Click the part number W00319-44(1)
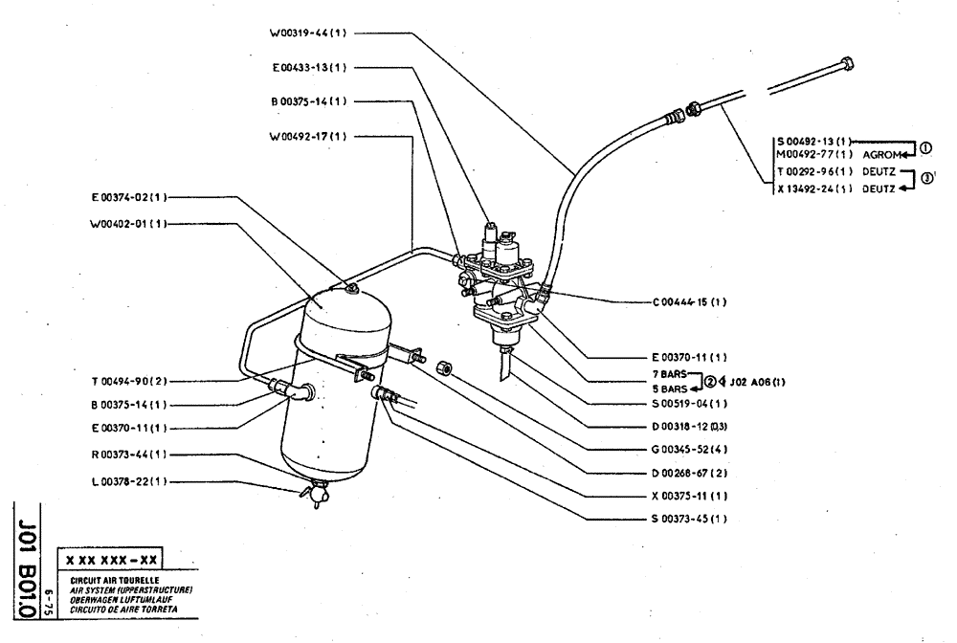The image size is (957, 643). click(x=308, y=33)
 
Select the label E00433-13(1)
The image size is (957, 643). click(x=309, y=68)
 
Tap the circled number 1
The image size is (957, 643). click(x=924, y=146)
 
